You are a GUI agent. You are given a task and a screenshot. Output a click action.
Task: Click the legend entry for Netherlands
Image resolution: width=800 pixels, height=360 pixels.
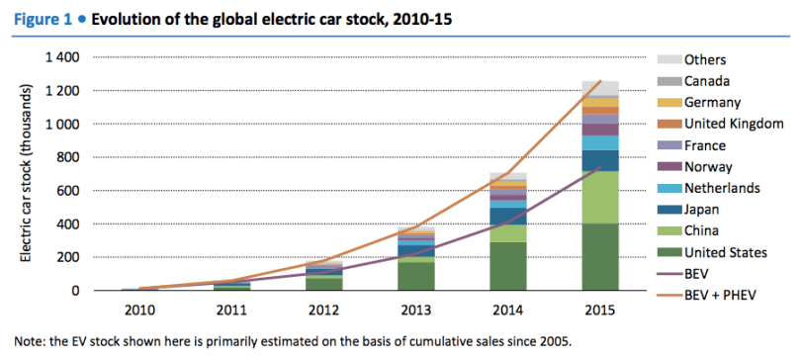pyautogui.click(x=709, y=188)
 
